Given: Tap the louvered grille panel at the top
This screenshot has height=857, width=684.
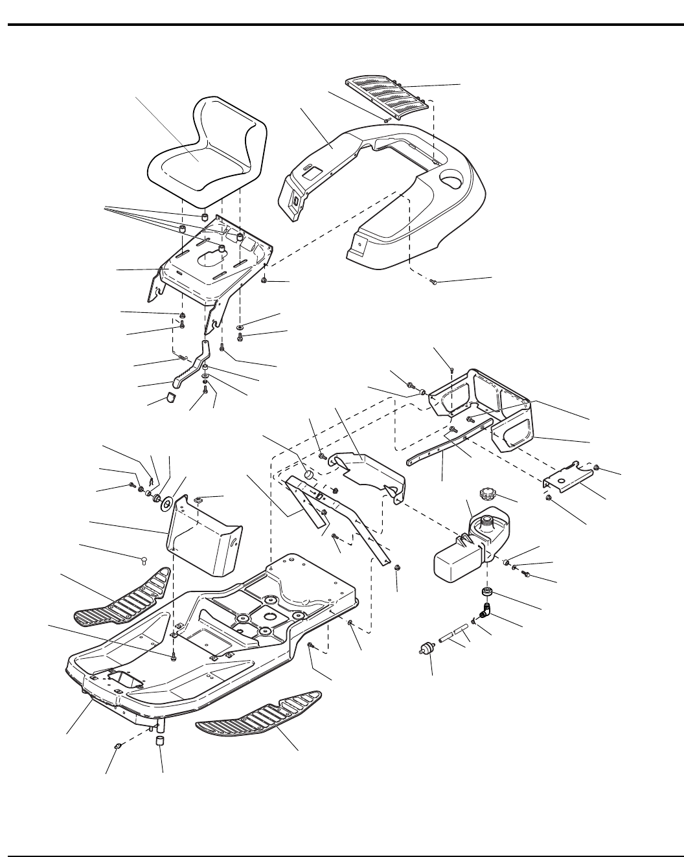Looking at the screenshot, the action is [x=387, y=98].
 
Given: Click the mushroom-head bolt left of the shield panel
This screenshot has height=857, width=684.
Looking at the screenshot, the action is [x=146, y=559].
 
